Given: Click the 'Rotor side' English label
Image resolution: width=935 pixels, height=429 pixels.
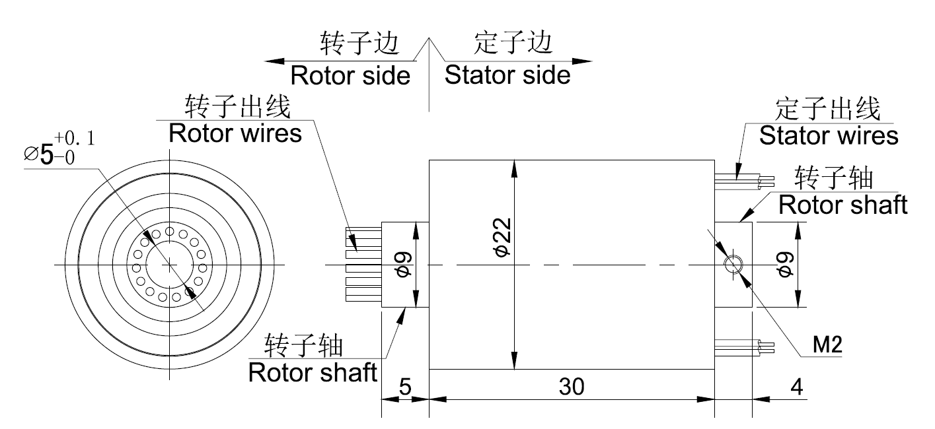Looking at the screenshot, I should (x=350, y=75).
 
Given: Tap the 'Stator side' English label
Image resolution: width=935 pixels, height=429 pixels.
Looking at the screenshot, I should (x=507, y=75).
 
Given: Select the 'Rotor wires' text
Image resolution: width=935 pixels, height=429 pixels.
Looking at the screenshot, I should (x=235, y=133).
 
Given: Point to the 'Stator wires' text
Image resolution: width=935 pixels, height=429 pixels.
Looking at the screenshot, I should (x=828, y=135).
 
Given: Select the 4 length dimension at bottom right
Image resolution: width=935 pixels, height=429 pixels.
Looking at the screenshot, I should (x=796, y=387).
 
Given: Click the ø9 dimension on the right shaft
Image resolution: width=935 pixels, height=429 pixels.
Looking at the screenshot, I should (x=786, y=265).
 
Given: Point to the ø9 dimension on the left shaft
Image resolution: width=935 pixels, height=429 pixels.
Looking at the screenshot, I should (x=405, y=265).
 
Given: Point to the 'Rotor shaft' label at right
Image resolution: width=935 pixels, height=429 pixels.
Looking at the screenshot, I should (x=842, y=205).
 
